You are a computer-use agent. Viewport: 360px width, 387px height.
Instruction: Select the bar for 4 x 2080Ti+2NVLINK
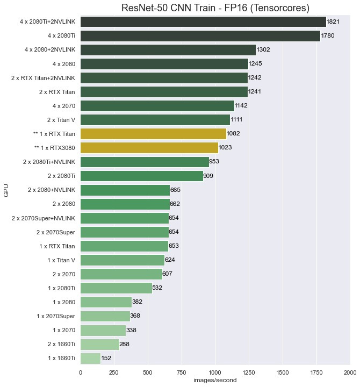pyautogui.click(x=203, y=21)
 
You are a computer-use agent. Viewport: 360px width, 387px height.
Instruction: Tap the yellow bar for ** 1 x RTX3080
pyautogui.click(x=149, y=147)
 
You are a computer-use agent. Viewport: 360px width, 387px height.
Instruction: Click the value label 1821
pyautogui.click(x=334, y=21)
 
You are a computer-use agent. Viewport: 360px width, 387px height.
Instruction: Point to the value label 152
pyautogui.click(x=107, y=358)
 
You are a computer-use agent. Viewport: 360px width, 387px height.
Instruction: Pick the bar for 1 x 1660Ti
pyautogui.click(x=90, y=358)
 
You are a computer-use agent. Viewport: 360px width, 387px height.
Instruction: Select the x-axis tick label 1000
pyautogui.click(x=215, y=371)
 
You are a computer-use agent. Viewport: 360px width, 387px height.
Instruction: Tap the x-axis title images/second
pyautogui.click(x=215, y=380)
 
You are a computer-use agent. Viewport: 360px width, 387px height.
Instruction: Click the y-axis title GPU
pyautogui.click(x=7, y=190)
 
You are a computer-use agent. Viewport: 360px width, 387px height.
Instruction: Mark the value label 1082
pyautogui.click(x=234, y=133)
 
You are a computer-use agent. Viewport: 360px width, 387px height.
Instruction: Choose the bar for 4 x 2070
pyautogui.click(x=157, y=105)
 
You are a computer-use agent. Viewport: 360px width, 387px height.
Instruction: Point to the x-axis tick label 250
pyautogui.click(x=114, y=371)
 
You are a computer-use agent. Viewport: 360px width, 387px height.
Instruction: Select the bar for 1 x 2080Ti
pyautogui.click(x=116, y=288)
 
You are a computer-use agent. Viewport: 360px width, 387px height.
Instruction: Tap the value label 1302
pyautogui.click(x=264, y=49)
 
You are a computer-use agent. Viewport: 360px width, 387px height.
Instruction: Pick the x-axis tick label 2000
pyautogui.click(x=350, y=371)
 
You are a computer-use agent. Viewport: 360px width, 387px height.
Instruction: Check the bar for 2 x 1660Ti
pyautogui.click(x=99, y=344)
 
